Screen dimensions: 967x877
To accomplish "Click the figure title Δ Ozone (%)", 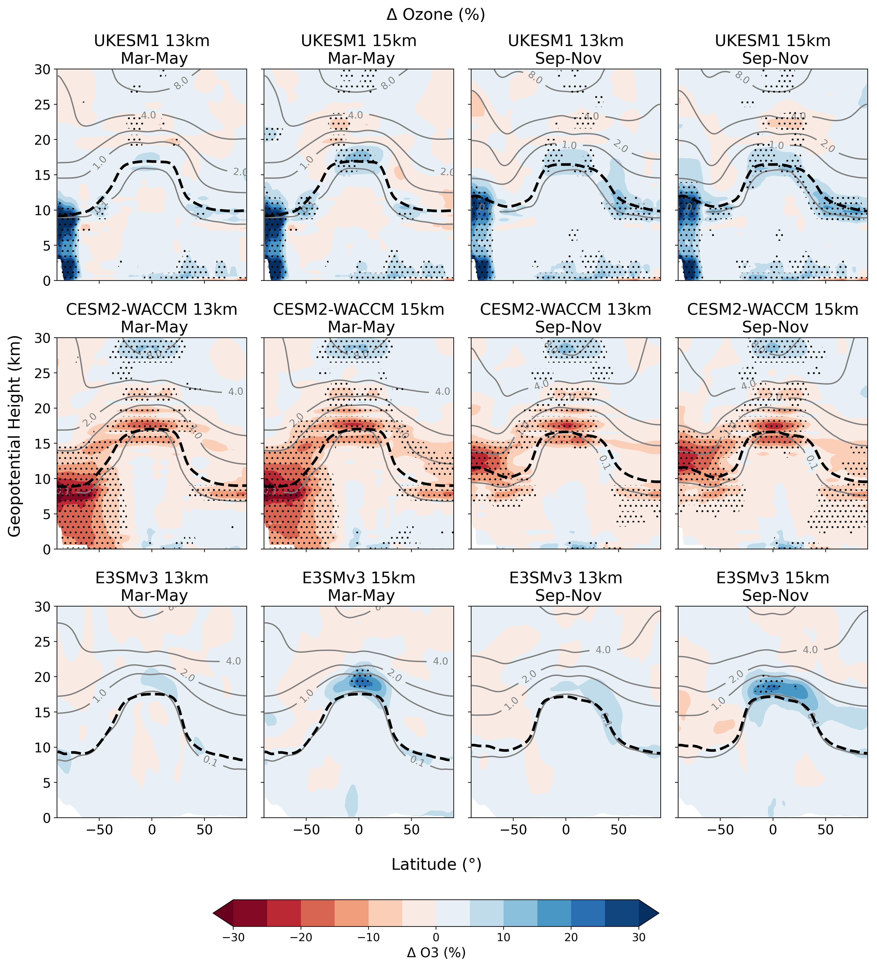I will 436,15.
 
